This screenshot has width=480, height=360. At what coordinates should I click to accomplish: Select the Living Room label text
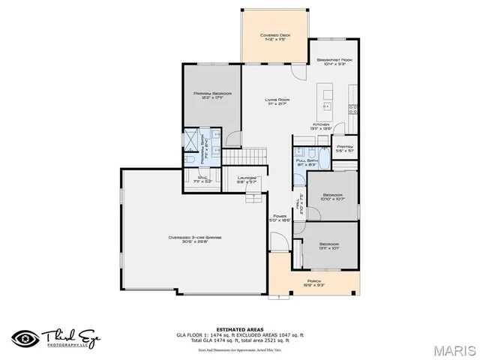pyautogui.click(x=277, y=100)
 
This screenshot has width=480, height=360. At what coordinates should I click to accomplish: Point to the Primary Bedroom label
pyautogui.click(x=212, y=94)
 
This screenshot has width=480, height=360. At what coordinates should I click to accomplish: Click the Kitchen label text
pyautogui.click(x=322, y=124)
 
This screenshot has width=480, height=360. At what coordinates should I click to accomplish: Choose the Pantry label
pyautogui.click(x=344, y=147)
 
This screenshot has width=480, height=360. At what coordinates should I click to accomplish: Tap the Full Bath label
pyautogui.click(x=305, y=160)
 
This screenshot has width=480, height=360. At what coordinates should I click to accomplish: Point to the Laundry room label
pyautogui.click(x=247, y=178)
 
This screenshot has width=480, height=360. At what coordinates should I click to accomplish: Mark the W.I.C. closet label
pyautogui.click(x=203, y=178)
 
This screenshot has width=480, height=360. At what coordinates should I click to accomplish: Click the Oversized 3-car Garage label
pyautogui.click(x=195, y=238)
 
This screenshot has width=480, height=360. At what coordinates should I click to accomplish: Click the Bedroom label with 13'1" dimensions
pyautogui.click(x=329, y=244)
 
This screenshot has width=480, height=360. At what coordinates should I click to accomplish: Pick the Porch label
pyautogui.click(x=313, y=283)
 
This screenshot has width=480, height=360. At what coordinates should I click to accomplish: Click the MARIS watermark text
pyautogui.click(x=454, y=349)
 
